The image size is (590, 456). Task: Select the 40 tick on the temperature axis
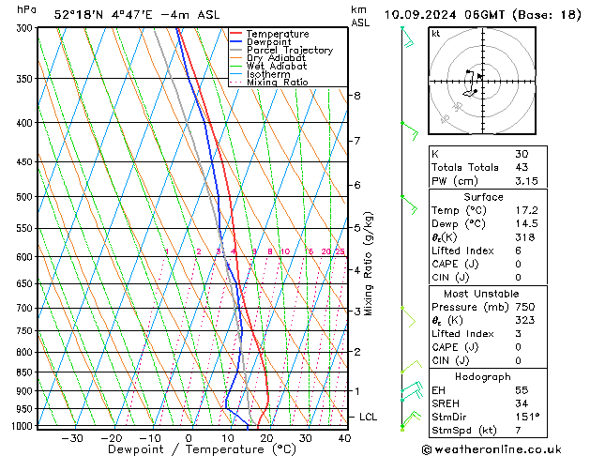click(x=344, y=438)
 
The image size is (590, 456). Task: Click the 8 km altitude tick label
click(x=356, y=96)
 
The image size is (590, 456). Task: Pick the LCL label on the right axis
click(x=369, y=417)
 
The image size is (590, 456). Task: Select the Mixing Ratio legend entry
click(x=277, y=83)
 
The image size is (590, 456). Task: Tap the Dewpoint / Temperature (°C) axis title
click(x=189, y=449)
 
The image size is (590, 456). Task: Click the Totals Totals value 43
click(x=521, y=168)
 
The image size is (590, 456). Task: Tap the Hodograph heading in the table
click(x=483, y=375)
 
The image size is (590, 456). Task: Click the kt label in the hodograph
click(x=435, y=34)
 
